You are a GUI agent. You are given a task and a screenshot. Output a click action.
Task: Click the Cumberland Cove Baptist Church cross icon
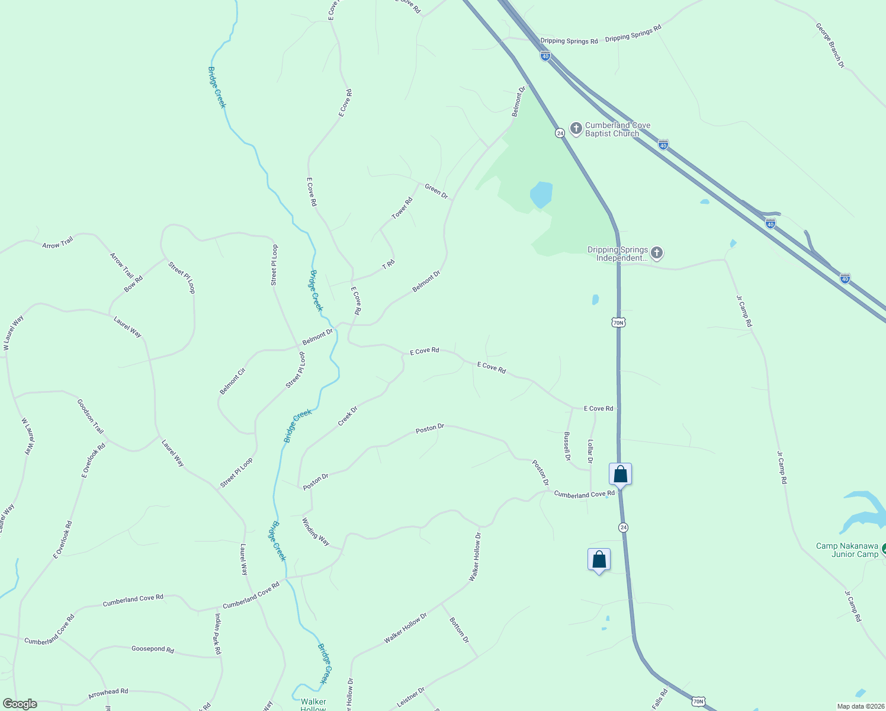point(576,128)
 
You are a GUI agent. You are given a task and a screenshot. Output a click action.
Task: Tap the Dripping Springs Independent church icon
point(656,254)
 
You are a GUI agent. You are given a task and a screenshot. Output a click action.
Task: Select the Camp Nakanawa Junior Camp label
point(847,550)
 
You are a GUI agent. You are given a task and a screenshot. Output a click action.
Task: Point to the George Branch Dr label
point(829,45)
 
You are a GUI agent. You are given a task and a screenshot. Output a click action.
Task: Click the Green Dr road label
point(436,191)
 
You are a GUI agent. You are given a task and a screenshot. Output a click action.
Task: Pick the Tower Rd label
point(402,208)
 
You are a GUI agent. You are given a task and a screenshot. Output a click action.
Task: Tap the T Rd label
point(389,264)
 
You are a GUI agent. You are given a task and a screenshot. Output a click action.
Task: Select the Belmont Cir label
point(232,381)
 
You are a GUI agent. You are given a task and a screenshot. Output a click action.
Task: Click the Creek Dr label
point(348,415)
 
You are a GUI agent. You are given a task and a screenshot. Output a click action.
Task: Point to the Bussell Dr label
point(567,446)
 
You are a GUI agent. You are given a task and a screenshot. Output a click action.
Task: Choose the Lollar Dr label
point(590,451)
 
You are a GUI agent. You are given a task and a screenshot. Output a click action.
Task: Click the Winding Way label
point(316,531)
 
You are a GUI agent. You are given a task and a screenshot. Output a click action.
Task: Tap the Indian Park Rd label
point(217,634)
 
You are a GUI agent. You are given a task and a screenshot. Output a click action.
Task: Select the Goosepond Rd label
point(153,649)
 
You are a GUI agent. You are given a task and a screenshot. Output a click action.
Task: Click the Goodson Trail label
point(90,416)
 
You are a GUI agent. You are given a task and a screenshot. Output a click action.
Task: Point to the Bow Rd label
point(133,283)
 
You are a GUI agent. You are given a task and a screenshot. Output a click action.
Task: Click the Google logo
point(20,704)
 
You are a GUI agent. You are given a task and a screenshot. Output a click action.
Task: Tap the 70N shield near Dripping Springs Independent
point(618,322)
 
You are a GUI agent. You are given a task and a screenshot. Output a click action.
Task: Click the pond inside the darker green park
point(541,194)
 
